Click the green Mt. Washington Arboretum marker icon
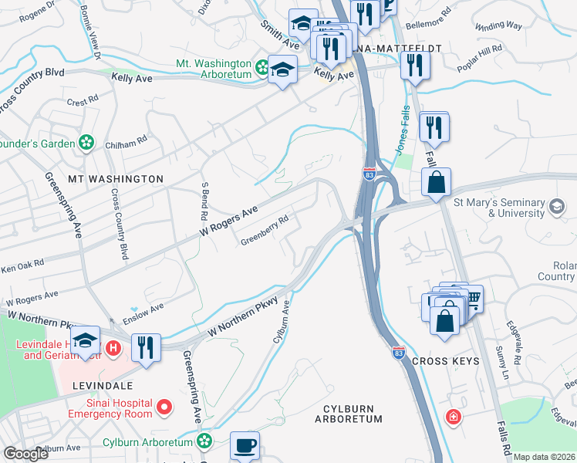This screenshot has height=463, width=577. click(263, 64)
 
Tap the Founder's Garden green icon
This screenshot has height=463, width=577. click(87, 143)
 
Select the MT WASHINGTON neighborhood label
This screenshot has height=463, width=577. click(116, 179)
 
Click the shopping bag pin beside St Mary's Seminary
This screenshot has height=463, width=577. click(436, 184)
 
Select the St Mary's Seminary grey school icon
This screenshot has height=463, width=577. click(557, 206)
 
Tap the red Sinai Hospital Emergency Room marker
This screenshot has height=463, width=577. click(164, 406)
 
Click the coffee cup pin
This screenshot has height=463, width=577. click(245, 445)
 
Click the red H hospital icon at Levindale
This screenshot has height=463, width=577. click(113, 349)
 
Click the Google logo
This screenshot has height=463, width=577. click(25, 454)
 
